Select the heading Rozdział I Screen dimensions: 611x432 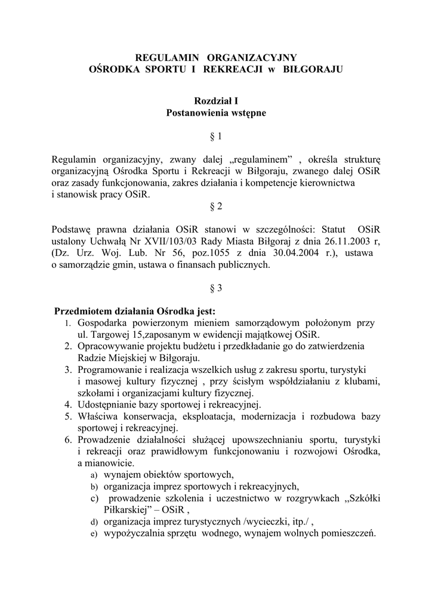click(216, 101)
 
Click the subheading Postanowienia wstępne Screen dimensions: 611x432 click(216, 112)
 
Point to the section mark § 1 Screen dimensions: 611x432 click(216, 137)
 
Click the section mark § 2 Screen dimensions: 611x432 click(216, 206)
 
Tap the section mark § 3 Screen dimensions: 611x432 click(216, 288)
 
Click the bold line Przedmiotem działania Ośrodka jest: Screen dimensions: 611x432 click(135, 311)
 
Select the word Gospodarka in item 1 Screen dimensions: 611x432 click(104, 323)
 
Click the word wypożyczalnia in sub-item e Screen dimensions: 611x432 click(132, 533)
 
